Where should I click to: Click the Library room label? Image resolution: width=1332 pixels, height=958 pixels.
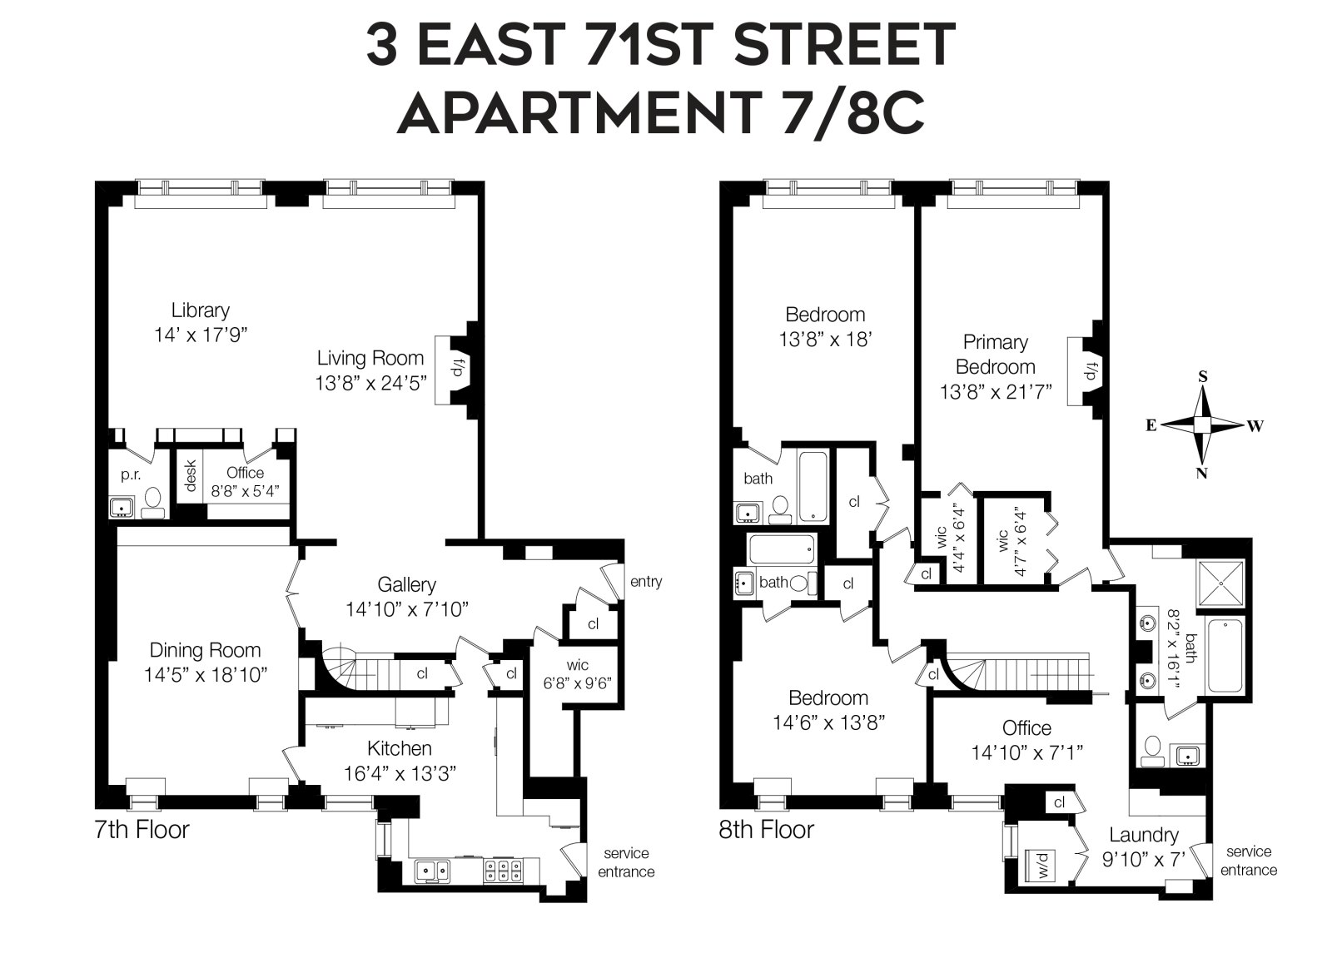(200, 310)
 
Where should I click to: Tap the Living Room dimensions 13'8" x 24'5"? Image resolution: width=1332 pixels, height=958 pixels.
(370, 383)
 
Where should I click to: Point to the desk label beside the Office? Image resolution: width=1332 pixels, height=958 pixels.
(190, 475)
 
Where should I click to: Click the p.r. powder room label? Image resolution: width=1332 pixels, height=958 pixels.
(130, 474)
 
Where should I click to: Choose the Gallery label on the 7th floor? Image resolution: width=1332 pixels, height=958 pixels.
(406, 584)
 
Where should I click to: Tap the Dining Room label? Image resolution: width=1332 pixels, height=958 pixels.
(205, 650)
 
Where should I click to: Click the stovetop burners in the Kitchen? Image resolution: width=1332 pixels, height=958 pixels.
(503, 871)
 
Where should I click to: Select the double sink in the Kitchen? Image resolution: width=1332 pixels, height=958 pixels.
(433, 871)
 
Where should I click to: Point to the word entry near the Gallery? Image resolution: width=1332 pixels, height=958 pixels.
(645, 581)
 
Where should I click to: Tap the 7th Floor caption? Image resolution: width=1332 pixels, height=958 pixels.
(142, 829)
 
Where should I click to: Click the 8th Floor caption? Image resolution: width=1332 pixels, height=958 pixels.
(766, 829)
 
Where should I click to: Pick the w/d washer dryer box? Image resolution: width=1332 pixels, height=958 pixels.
(1043, 867)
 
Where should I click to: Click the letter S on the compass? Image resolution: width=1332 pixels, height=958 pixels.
(1202, 376)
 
